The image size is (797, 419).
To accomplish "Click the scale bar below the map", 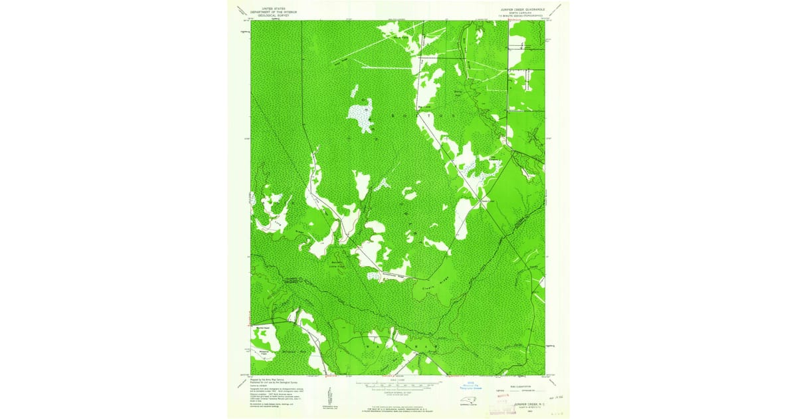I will [x=398, y=384].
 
